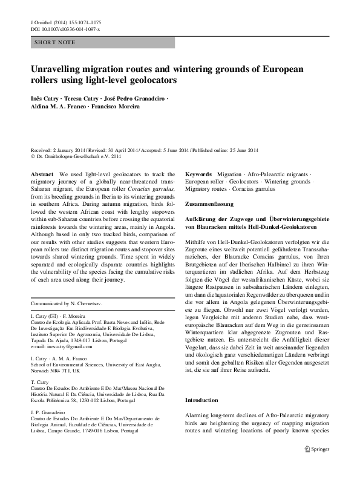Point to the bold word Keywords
(x=198, y=174)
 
